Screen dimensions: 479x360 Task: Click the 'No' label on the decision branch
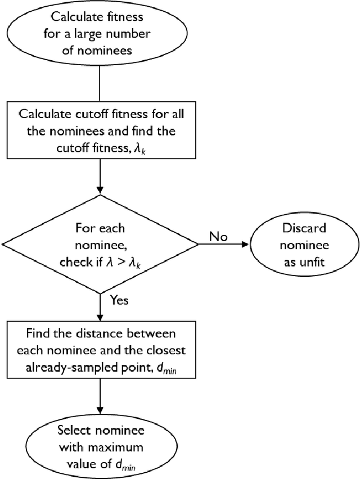click(218, 236)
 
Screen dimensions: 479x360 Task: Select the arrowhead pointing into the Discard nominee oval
click(245, 245)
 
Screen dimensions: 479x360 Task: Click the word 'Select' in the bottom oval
click(73, 431)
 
